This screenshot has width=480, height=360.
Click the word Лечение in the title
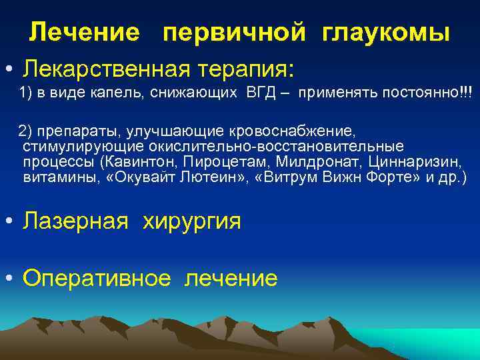tap(85, 32)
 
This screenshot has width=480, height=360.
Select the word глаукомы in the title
tap(386, 32)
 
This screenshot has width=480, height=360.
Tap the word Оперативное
tap(96, 277)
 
